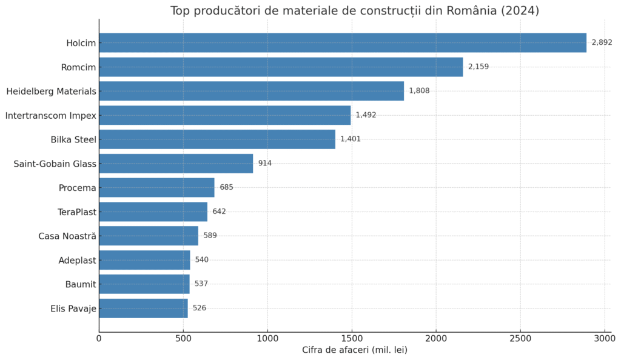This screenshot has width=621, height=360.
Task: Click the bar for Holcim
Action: [343, 42]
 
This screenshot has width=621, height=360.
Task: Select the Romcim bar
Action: [281, 67]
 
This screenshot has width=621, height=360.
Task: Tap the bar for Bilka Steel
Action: [217, 139]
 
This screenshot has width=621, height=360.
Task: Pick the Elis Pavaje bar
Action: [143, 308]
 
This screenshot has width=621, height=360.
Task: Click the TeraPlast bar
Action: [153, 212]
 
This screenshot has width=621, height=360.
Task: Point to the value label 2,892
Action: [602, 42]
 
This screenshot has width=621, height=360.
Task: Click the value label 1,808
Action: [419, 91]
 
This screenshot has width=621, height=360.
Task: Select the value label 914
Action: [264, 163]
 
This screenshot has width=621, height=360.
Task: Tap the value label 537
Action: [201, 284]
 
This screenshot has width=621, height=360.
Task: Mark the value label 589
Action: [210, 236]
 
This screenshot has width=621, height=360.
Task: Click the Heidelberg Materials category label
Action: [52, 91]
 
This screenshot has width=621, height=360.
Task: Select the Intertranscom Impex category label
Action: [51, 115]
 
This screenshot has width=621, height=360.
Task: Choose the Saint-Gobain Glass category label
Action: [55, 164]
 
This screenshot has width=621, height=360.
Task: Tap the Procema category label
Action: [77, 188]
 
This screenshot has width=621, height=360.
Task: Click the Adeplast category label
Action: [77, 261]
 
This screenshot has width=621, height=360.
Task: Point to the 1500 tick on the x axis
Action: [352, 338]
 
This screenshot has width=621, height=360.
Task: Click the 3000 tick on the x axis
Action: [605, 338]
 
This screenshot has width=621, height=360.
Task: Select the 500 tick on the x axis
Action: [183, 338]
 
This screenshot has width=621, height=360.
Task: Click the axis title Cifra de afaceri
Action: [354, 350]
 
